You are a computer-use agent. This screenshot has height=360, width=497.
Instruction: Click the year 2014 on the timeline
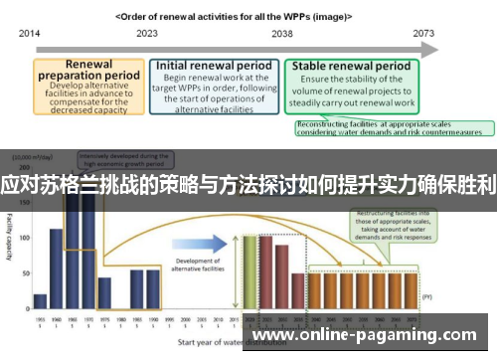click(x=29, y=32)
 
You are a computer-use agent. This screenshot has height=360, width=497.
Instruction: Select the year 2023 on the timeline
click(x=147, y=32)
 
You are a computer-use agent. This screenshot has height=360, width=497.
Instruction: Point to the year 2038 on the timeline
click(x=282, y=32)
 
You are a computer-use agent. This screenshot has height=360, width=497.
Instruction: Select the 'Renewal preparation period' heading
click(x=87, y=73)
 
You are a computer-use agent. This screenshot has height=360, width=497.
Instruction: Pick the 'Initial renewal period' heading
click(x=213, y=66)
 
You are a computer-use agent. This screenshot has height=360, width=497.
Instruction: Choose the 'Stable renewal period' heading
click(x=351, y=67)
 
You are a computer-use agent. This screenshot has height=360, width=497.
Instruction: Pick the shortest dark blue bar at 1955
click(x=40, y=301)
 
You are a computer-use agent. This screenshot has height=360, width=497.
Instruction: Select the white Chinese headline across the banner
click(x=248, y=185)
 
